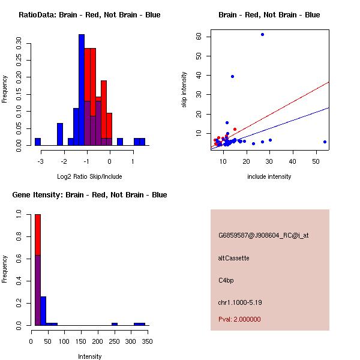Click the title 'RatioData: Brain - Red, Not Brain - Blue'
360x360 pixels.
pos(89,15)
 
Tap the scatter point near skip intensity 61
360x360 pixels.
pos(262,34)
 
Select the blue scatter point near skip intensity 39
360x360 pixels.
pos(232,76)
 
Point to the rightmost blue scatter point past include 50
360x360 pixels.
pos(325,142)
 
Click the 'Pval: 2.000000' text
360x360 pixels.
pos(239,319)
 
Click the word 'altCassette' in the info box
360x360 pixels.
pos(233,258)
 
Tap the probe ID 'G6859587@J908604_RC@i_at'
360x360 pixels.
pos(263,236)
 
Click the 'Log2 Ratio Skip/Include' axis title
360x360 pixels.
pos(89,176)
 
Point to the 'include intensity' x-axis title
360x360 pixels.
pos(269,176)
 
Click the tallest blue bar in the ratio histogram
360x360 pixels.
pos(81,90)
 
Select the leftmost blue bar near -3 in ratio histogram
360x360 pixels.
pos(37,142)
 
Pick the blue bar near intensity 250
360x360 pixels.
pos(115,324)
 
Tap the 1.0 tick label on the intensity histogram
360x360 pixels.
pos(20,213)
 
